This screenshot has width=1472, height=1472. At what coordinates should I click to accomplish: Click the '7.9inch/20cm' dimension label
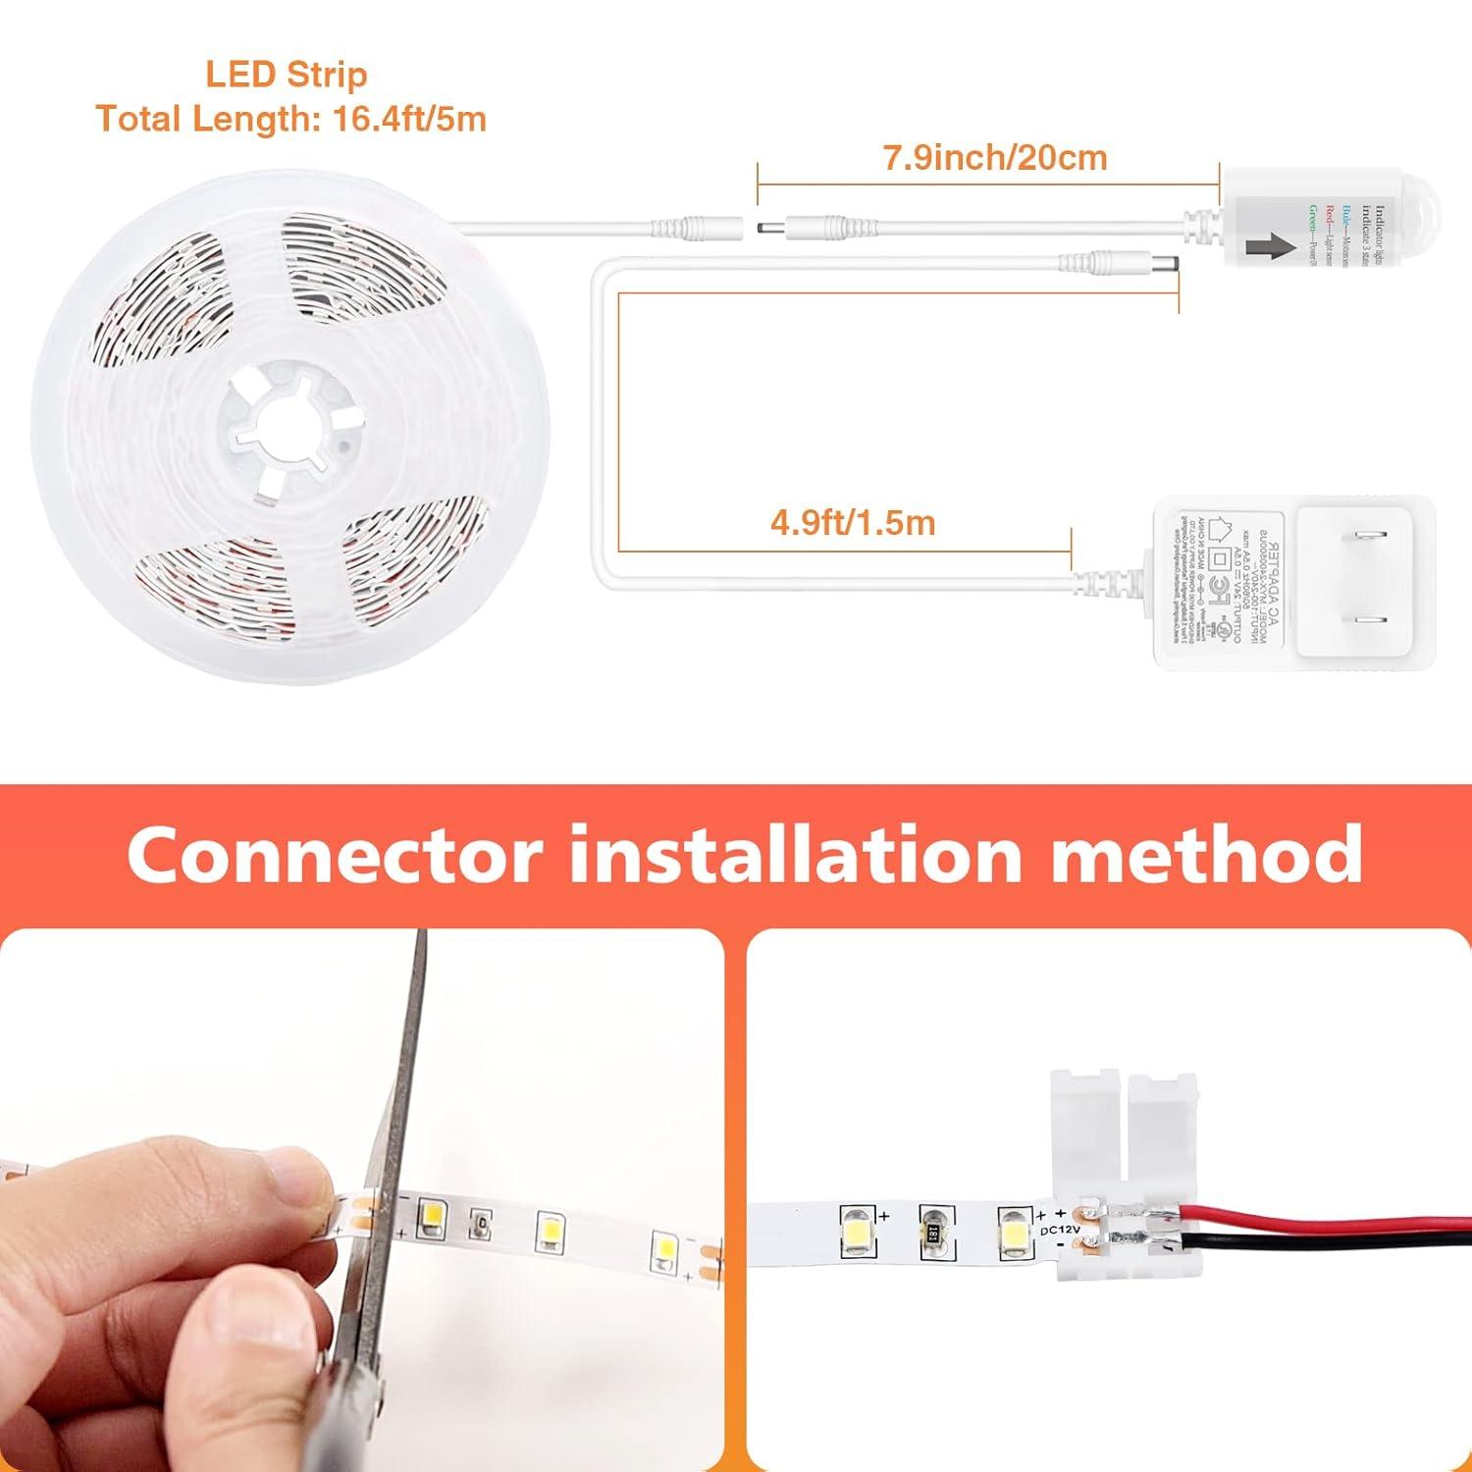(995, 157)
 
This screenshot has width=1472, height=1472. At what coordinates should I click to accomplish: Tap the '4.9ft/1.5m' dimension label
(852, 522)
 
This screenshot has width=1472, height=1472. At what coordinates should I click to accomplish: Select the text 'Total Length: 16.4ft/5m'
(290, 119)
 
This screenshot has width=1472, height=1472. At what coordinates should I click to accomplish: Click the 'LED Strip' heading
(287, 75)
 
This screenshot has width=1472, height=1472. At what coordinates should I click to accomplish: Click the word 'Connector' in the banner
(335, 854)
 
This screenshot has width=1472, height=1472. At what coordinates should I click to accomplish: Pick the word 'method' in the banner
(1206, 854)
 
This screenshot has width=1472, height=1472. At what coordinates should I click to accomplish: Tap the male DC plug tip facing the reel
(766, 228)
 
